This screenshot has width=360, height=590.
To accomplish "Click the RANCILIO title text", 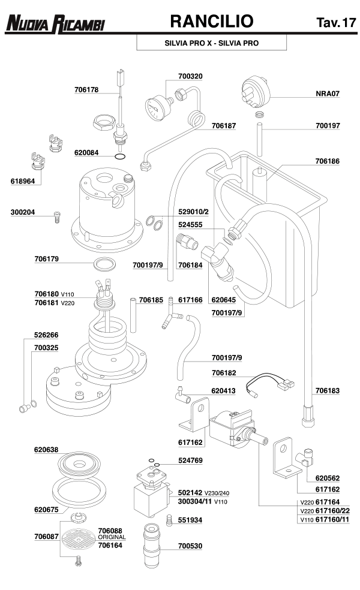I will point(212,22).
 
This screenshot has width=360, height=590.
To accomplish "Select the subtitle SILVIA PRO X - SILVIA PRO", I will point(212,44).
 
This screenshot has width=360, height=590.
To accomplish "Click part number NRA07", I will point(328,94).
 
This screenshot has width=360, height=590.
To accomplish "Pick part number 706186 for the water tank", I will point(327,162).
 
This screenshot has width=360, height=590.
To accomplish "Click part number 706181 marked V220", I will point(46,303).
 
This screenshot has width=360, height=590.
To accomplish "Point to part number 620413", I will point(223,390).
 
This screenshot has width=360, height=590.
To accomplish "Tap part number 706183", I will point(327,390).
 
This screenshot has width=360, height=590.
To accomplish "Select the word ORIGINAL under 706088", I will point(112,537).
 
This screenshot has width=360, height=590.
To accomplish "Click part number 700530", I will point(191,547).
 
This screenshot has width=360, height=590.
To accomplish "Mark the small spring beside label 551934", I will point(169,519).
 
